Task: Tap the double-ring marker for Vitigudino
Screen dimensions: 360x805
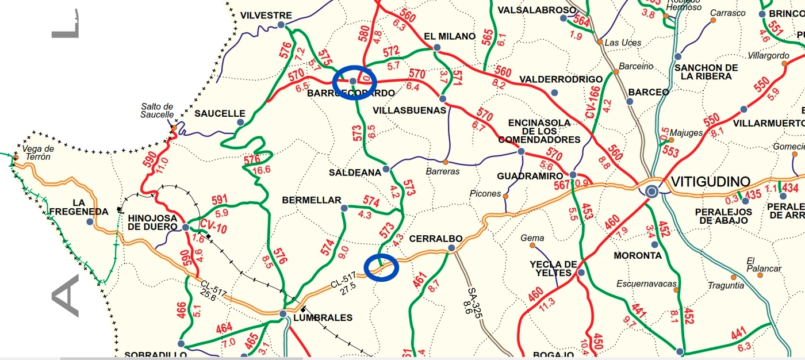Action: [651, 192]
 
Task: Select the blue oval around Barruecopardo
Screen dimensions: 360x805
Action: [355, 82]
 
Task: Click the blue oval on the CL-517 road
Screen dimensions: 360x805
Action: [381, 268]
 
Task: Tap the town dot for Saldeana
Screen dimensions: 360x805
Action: [386, 169]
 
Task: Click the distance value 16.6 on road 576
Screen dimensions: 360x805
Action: [261, 170]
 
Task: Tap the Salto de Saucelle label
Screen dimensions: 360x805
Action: [157, 110]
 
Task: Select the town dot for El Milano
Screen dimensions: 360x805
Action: [437, 47]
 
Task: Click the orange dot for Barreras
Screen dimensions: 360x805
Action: [446, 162]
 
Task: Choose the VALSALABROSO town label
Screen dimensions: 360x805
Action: [536, 10]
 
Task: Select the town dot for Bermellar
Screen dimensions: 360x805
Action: [344, 208]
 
